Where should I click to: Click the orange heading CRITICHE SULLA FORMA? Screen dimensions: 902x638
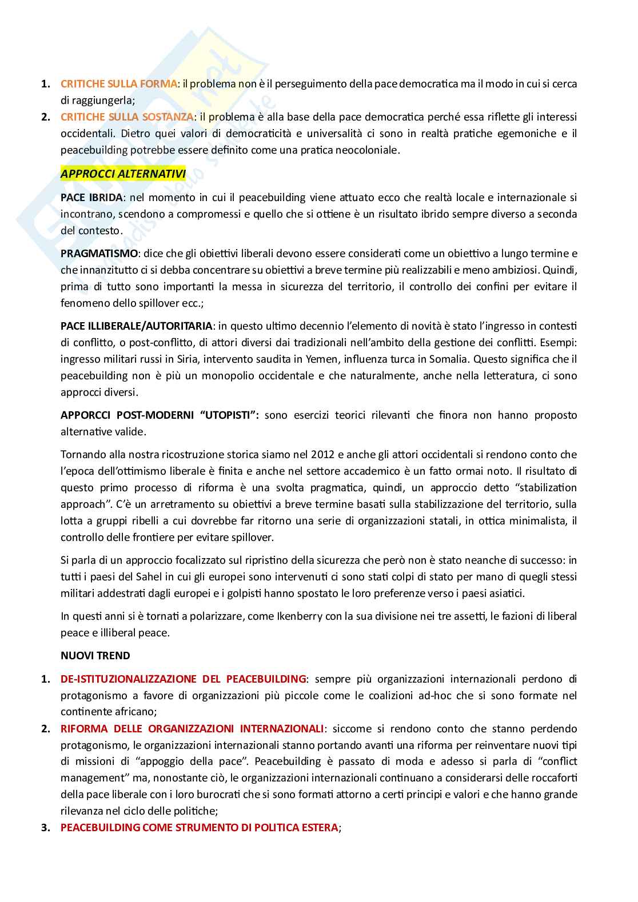[x=118, y=84]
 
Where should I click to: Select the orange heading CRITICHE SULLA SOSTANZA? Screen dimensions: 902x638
[x=127, y=117]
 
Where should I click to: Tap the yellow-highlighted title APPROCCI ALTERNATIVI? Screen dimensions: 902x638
[x=123, y=174]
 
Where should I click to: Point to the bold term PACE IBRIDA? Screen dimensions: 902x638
[x=91, y=198]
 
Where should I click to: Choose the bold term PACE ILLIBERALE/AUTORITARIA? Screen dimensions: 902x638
[x=136, y=326]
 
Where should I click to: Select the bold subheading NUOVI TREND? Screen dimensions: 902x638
[x=95, y=656]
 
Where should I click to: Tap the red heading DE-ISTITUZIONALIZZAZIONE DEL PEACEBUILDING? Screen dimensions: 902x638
[x=183, y=679]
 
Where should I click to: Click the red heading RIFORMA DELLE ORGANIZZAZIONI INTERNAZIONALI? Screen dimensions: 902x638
[x=192, y=729]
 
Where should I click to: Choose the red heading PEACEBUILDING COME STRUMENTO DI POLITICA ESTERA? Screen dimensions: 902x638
[x=199, y=828]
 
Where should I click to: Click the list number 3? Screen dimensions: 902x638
[x=45, y=828]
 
